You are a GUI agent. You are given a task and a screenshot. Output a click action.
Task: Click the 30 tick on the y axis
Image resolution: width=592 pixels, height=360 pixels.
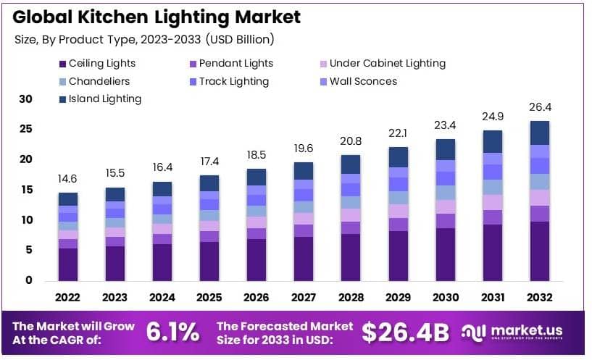[x=25, y=99]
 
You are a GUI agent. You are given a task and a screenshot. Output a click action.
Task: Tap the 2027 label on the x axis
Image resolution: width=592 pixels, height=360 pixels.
[x=304, y=298]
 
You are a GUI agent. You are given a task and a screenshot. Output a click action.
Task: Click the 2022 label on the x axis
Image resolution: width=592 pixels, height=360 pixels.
[x=68, y=298]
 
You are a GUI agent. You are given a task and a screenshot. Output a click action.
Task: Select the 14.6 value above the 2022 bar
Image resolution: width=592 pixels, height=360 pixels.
[x=68, y=179]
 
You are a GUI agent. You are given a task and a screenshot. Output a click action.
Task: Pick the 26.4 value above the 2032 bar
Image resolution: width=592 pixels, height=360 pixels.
[x=540, y=107]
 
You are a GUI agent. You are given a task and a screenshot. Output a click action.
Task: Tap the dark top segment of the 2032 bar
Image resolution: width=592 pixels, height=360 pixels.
[x=540, y=133]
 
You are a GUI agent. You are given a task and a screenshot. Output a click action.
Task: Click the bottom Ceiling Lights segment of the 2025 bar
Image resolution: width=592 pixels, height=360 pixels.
[x=209, y=261]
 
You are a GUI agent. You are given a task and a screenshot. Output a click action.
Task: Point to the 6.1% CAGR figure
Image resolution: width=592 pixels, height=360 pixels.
[x=172, y=332]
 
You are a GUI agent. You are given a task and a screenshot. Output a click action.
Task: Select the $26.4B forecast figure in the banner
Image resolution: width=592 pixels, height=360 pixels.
[x=407, y=332]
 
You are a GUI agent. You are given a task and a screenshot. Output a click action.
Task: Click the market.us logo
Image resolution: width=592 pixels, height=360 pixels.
[x=514, y=332]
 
